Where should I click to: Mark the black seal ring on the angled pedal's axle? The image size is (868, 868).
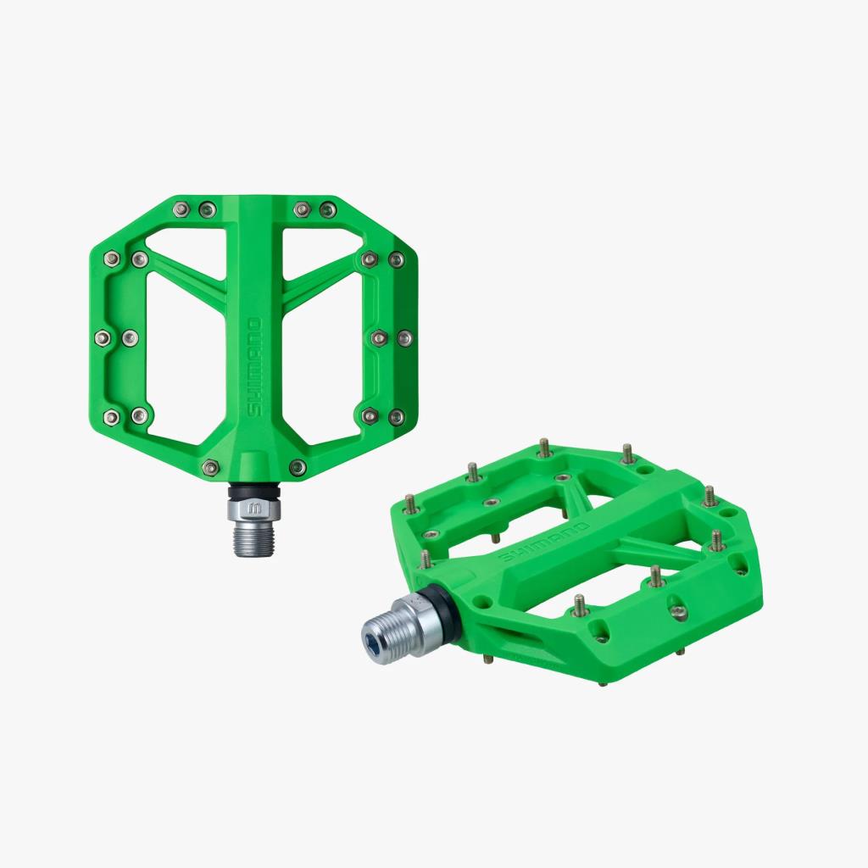(x=447, y=610)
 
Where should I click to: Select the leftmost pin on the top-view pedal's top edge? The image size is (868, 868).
(x=181, y=209)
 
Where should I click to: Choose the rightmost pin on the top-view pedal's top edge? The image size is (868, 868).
(x=327, y=209)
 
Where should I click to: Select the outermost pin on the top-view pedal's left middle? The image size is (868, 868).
(x=103, y=337)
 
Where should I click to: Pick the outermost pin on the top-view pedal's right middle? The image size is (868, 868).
(x=404, y=338)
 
